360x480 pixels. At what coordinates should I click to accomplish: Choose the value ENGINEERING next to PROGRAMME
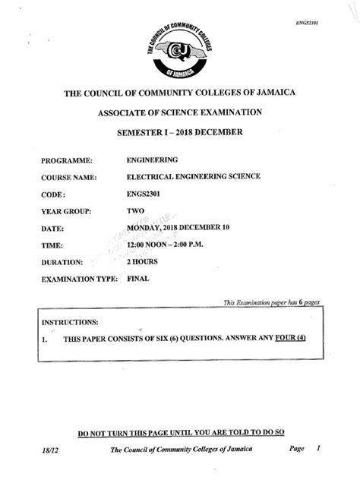[x=153, y=160]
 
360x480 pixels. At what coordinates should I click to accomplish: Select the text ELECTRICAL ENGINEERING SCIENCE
[x=194, y=176]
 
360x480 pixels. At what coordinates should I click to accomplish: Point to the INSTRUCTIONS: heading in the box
[x=70, y=322]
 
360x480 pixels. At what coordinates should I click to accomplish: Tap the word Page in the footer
[x=297, y=449]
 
